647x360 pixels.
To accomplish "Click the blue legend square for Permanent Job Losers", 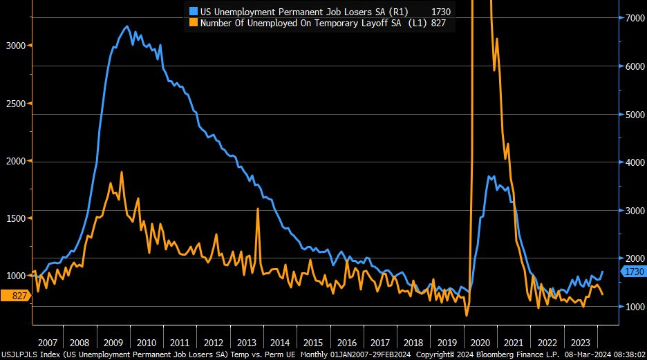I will point(194,11).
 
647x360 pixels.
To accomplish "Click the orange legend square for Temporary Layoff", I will point(194,23).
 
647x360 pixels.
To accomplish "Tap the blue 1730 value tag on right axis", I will point(632,272).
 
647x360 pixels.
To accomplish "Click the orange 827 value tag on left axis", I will point(15,296).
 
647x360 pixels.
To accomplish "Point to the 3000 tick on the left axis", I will point(15,46).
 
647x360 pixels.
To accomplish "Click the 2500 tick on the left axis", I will point(15,104).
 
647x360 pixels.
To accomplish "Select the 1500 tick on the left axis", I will point(15,218).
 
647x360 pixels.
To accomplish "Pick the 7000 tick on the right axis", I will point(632,19).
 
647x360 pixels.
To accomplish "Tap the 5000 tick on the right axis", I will point(632,115).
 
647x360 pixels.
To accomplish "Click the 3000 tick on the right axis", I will point(632,210).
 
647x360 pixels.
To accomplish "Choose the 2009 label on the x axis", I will point(113,342).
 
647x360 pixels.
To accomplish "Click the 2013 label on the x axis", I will point(247,342).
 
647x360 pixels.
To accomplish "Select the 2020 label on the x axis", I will point(479,342).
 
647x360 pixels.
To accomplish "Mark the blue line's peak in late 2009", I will point(126,26).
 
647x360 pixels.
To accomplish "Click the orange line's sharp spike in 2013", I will point(257,209).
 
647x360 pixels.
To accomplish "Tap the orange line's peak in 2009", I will point(122,171).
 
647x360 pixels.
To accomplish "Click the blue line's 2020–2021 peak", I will point(490,176).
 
